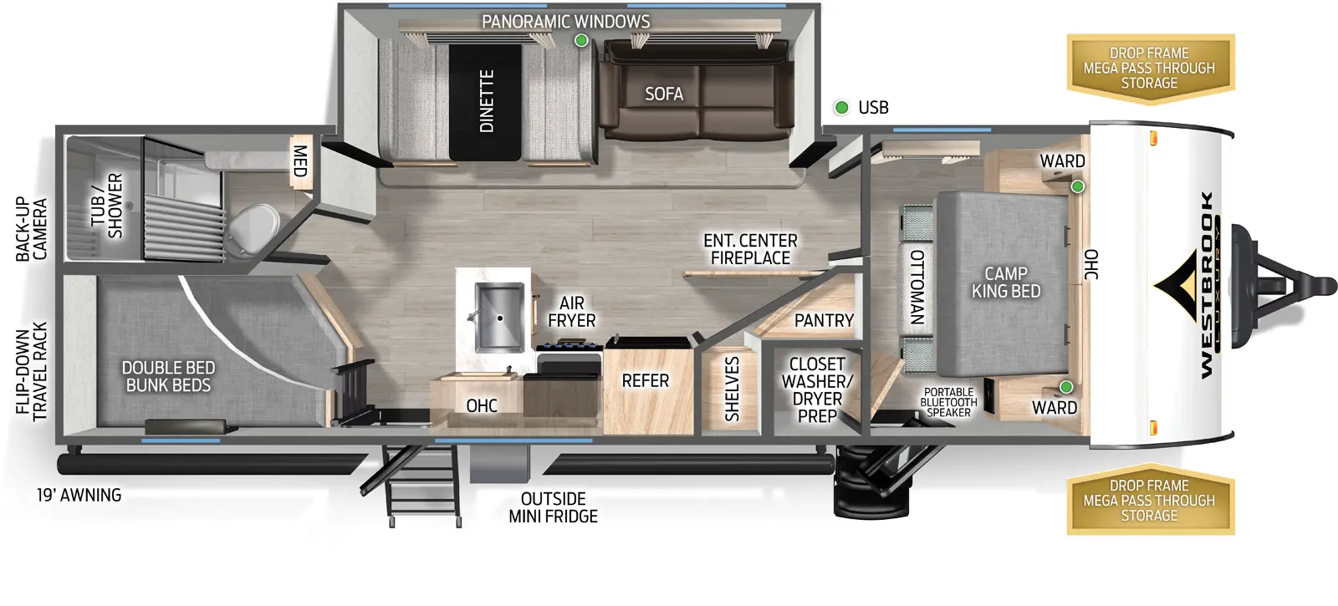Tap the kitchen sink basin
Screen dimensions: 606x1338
coord(499,318)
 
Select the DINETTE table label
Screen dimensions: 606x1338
coord(487,101)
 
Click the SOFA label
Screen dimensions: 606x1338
coord(664,94)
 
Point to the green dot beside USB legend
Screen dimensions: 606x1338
coord(842,107)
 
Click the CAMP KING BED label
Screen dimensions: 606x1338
coord(1006,283)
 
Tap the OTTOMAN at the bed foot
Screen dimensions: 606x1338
coord(917,287)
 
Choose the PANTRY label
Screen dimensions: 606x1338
coord(824,321)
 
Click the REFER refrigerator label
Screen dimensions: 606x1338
coord(645,381)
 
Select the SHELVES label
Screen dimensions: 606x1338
coord(733,389)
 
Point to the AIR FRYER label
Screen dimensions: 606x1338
coord(572,312)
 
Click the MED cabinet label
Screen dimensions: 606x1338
coord(299,161)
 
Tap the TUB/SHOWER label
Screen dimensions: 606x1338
coord(107,206)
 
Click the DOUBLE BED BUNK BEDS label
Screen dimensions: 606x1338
coord(168,376)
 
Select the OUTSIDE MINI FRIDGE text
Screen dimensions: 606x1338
coord(553,507)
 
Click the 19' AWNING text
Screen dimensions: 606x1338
coord(79,496)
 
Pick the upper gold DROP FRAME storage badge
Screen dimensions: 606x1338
coord(1149,68)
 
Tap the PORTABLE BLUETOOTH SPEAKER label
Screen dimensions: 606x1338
coord(948,402)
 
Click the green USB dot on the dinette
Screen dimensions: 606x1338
coord(581,40)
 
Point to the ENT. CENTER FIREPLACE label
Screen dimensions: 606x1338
coord(750,249)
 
